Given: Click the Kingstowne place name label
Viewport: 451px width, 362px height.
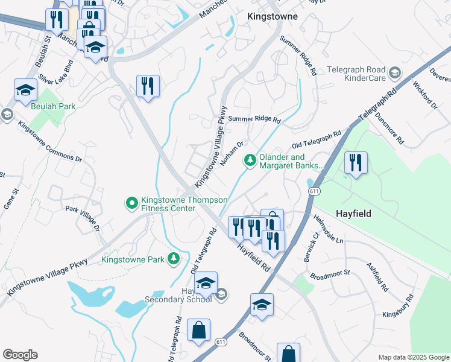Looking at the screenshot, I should click(x=273, y=16).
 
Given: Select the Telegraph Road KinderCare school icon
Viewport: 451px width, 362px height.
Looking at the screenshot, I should click(x=394, y=73).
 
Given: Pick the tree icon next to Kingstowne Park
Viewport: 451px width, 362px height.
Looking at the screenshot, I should click(x=174, y=259).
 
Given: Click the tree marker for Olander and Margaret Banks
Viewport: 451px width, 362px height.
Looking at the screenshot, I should click(x=250, y=160).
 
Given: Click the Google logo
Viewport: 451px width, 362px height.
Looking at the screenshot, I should click(x=20, y=354).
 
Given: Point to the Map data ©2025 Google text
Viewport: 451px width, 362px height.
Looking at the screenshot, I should click(x=413, y=357).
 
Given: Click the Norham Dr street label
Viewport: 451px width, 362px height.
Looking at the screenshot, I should click(x=232, y=153).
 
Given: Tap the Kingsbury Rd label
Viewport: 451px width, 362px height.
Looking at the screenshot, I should click(x=398, y=306).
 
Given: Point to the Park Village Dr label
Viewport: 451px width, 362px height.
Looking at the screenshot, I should click(x=81, y=220).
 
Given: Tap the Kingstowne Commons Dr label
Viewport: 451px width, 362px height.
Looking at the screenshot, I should click(x=49, y=142).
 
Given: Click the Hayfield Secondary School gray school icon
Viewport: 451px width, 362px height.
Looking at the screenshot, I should click(x=221, y=294).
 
